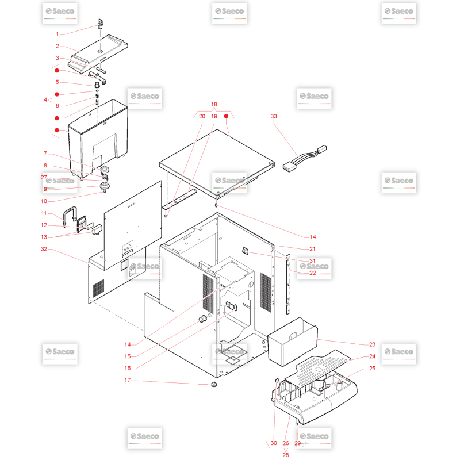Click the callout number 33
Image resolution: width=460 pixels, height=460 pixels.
(274, 116)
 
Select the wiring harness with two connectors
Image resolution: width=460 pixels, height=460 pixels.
(305, 159)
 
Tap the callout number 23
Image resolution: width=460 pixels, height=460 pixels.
(372, 344)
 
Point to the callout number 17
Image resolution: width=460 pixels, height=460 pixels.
(127, 380)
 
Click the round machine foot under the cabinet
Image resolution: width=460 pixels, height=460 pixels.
(214, 384)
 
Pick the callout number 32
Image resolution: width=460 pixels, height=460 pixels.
(44, 249)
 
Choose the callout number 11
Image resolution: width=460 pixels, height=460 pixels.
(44, 213)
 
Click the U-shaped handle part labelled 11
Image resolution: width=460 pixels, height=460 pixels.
(70, 217)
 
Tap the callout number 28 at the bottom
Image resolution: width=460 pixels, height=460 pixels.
(285, 455)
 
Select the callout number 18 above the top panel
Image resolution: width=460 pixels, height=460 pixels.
(214, 104)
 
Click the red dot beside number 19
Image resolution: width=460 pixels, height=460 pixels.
(226, 116)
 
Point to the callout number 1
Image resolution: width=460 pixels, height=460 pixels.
(57, 34)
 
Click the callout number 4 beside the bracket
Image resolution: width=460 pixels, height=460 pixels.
(45, 99)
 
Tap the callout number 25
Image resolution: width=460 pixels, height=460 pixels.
(372, 368)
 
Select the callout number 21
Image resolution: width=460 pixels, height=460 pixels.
(312, 249)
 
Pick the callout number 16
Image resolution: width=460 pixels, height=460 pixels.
(127, 368)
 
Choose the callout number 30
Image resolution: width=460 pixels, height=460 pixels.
(274, 443)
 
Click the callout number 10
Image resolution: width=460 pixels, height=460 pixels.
(44, 201)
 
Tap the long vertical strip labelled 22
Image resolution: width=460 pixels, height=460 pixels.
(289, 284)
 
